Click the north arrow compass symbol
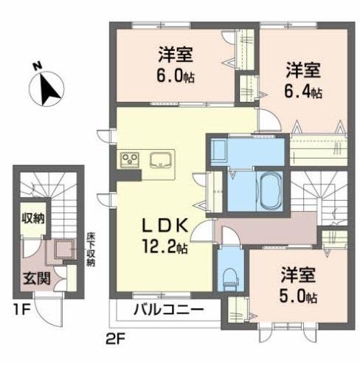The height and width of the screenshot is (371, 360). tap(49, 90)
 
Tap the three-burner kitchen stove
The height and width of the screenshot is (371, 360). tap(130, 160)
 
